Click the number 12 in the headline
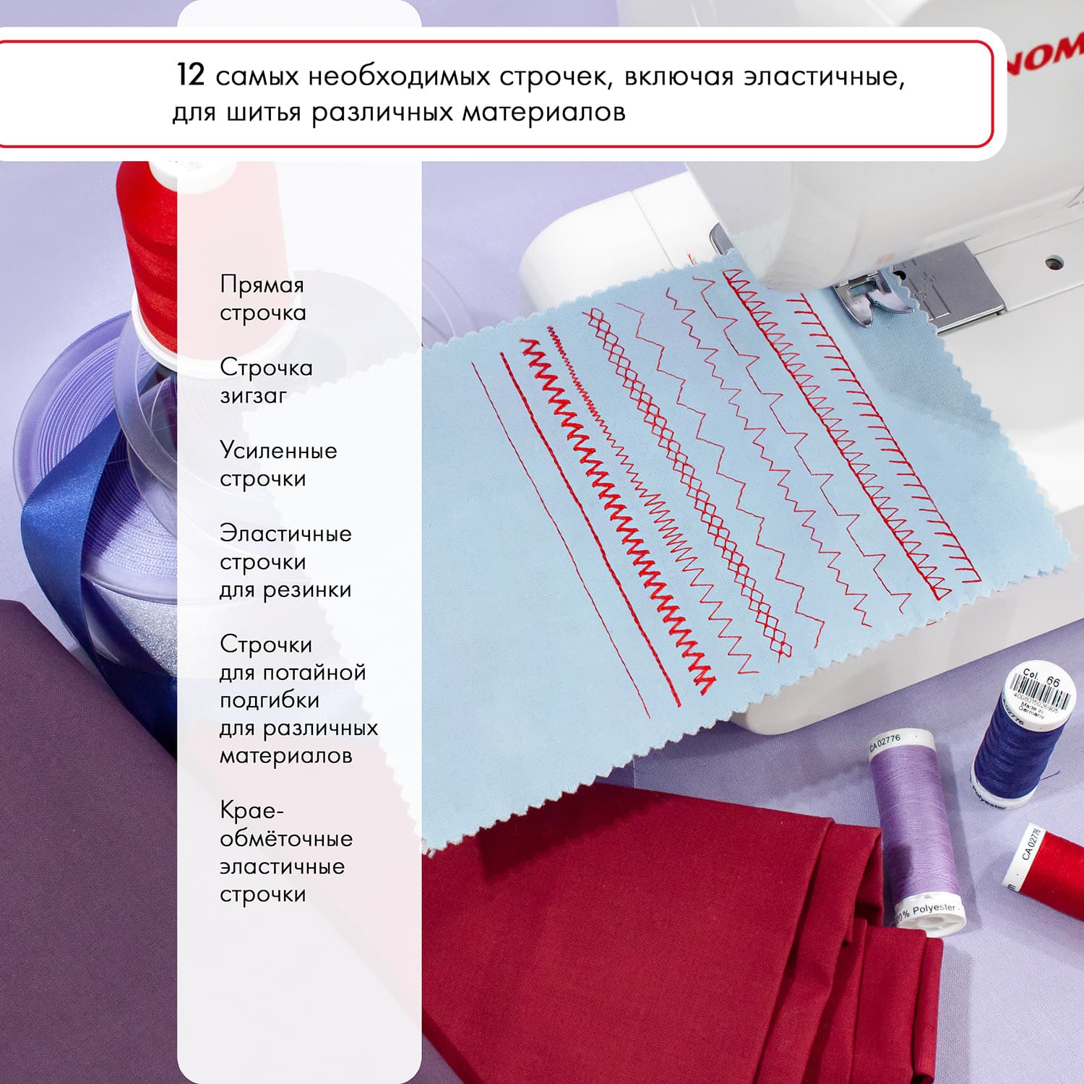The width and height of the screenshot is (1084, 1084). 191,75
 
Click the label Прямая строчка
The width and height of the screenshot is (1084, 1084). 262,298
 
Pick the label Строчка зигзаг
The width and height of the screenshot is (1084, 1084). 266,381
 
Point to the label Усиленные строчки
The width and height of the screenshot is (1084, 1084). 278,464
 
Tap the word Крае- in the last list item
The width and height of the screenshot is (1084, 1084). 247,810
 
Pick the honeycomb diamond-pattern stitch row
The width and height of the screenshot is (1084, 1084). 687,484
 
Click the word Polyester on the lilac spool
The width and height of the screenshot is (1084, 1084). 933,908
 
